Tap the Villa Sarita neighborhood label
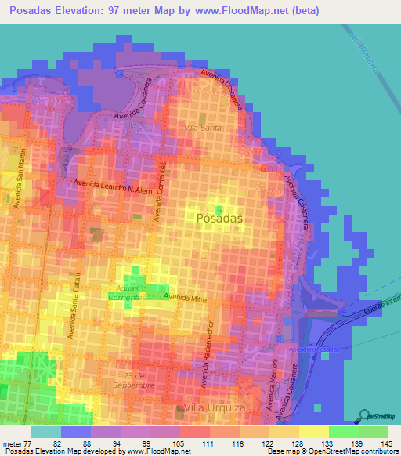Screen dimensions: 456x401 [203, 127]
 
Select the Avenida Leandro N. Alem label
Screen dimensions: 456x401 [113, 187]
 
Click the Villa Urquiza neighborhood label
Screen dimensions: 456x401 [211, 407]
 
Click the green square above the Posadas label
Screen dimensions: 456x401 [219, 209]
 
